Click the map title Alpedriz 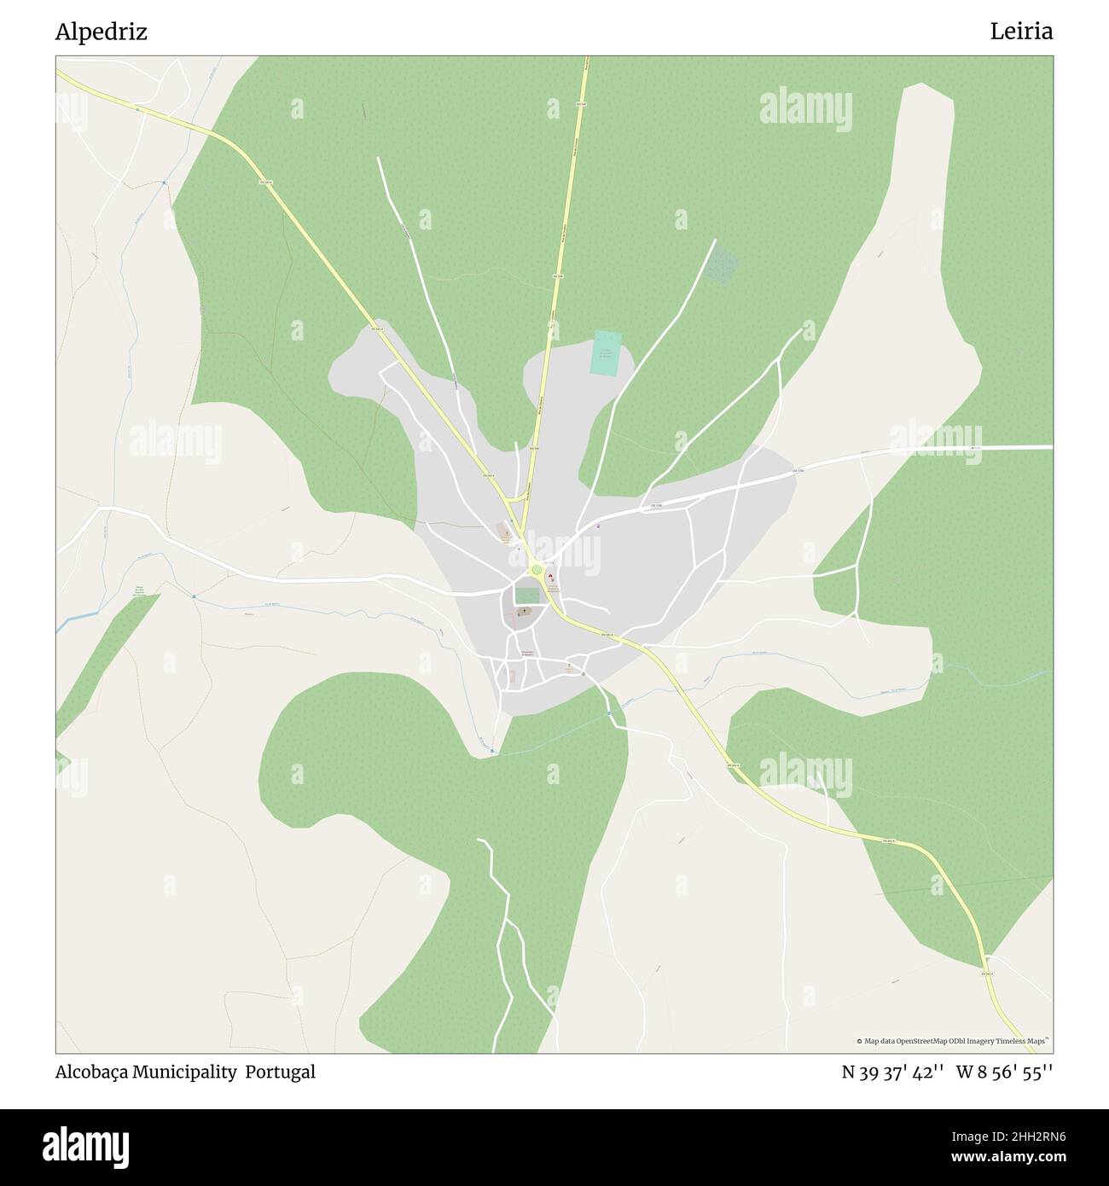click(x=101, y=32)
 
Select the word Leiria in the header click(x=1021, y=32)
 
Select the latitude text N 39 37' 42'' click(x=892, y=1073)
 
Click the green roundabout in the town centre click(x=536, y=570)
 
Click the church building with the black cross click(x=523, y=613)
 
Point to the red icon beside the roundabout click(x=550, y=578)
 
